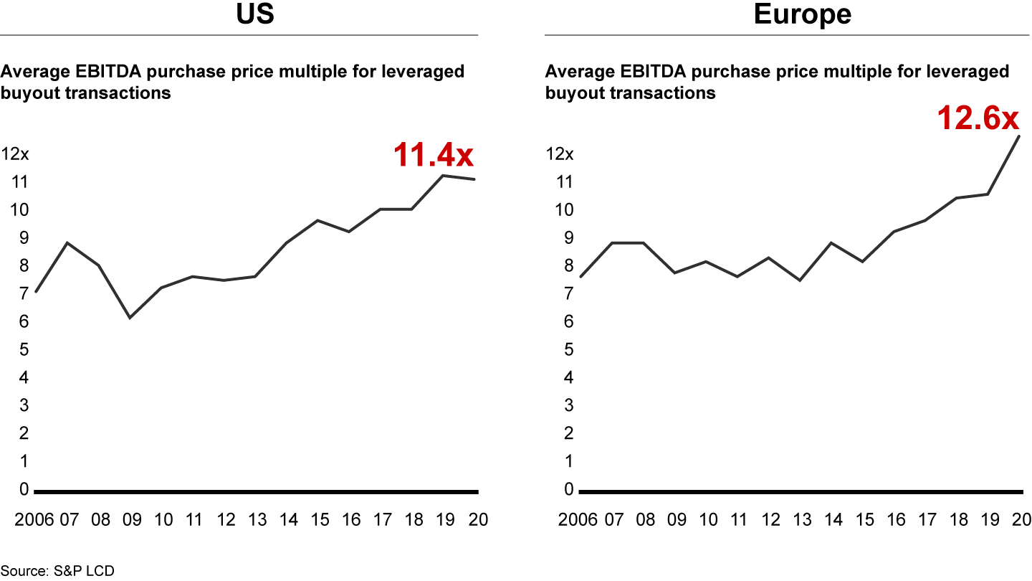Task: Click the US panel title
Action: (256, 14)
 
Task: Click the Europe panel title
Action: (802, 14)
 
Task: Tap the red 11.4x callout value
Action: (434, 155)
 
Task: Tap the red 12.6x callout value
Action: (978, 118)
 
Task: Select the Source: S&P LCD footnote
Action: (57, 571)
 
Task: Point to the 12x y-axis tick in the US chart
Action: (16, 154)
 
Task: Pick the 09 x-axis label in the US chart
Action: (133, 520)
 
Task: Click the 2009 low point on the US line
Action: (130, 318)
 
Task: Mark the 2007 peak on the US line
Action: (67, 243)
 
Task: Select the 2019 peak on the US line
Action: (444, 175)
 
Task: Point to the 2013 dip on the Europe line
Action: (799, 280)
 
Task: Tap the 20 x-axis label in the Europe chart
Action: (1021, 520)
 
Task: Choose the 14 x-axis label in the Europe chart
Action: (833, 520)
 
